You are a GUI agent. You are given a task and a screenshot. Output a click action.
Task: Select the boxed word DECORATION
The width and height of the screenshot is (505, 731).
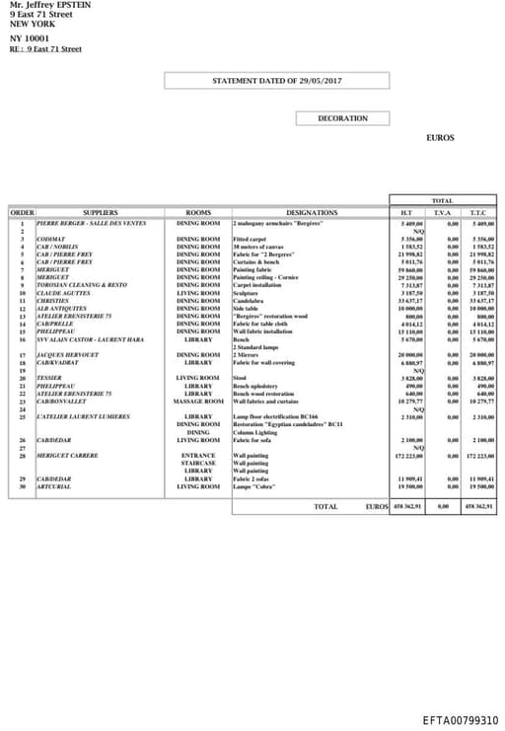click(342, 118)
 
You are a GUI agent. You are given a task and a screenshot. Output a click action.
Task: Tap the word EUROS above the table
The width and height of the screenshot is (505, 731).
click(440, 138)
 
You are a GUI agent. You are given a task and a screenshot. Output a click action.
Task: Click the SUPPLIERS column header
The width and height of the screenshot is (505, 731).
click(100, 212)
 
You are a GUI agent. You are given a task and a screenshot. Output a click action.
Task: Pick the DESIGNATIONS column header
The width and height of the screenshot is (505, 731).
click(311, 212)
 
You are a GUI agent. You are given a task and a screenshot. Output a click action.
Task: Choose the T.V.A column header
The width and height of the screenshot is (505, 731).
click(442, 212)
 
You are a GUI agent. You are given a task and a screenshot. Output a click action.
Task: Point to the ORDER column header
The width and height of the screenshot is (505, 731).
click(22, 212)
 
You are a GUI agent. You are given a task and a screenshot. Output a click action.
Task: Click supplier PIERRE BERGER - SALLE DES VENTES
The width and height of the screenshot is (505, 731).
click(91, 224)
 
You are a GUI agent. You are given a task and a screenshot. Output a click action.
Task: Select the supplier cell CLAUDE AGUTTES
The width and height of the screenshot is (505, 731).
click(63, 293)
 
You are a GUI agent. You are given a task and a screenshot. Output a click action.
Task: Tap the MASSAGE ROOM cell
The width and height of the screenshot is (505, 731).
click(198, 401)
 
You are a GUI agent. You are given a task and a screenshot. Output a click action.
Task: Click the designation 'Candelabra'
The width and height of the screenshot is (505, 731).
click(249, 301)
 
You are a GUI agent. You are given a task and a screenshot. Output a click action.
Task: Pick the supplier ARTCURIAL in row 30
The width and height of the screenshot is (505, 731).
click(53, 486)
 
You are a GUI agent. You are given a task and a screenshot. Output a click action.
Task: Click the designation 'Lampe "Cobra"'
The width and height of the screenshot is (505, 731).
click(252, 486)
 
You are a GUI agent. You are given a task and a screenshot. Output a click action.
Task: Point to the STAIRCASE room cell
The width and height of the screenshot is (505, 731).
click(198, 463)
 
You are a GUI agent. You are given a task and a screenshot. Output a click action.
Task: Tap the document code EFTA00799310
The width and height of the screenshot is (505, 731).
click(461, 721)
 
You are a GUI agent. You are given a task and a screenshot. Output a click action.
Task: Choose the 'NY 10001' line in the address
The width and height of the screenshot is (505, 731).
click(29, 37)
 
